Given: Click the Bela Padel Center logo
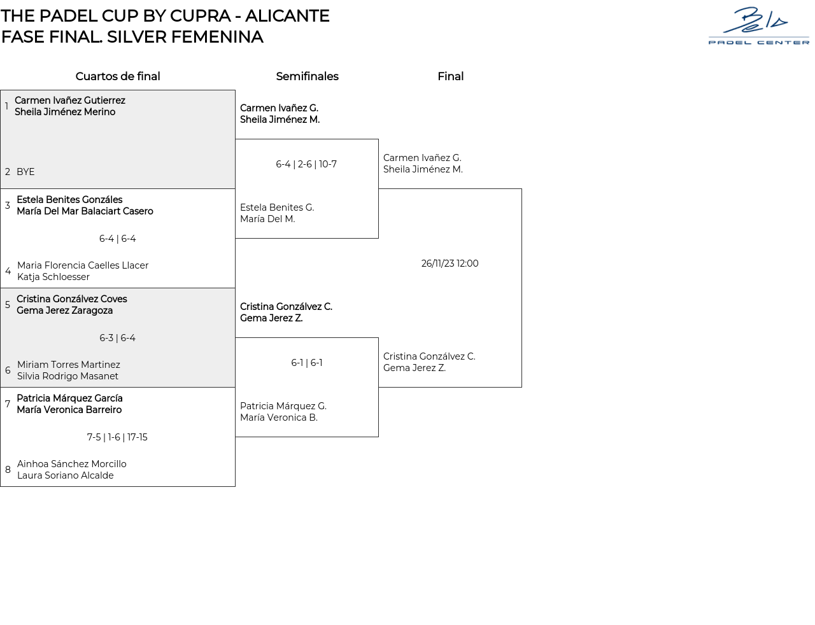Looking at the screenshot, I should pos(758,26).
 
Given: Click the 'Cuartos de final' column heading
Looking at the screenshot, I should pos(118,76).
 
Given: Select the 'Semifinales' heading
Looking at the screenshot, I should pos(307,76).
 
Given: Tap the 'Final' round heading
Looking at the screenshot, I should pos(450,76).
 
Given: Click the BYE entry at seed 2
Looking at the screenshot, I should pos(25,172).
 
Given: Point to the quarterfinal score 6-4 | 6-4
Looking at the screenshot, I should pos(118,239).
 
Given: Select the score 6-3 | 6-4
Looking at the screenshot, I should pos(118,338).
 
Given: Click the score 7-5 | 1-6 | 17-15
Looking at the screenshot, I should pos(117,437).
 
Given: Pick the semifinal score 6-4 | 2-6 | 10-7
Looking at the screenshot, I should pos(306,164).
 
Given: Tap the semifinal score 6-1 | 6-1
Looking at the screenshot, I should pos(307,363).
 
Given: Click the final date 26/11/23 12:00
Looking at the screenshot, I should pos(450,263).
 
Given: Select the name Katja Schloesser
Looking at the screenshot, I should pos(53,277).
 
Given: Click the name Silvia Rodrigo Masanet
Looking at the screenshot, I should pos(67,376).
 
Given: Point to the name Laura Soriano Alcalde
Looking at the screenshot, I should pos(66,475).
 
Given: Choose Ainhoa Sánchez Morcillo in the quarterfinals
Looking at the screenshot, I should pos(72,464).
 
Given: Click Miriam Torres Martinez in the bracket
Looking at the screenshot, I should pos(69,365).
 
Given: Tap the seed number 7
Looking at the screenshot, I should pos(8,404).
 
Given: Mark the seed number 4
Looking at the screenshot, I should pos(8,271).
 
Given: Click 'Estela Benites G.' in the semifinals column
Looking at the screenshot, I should pos(277,207).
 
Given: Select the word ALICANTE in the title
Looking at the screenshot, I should pos(287,16).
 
